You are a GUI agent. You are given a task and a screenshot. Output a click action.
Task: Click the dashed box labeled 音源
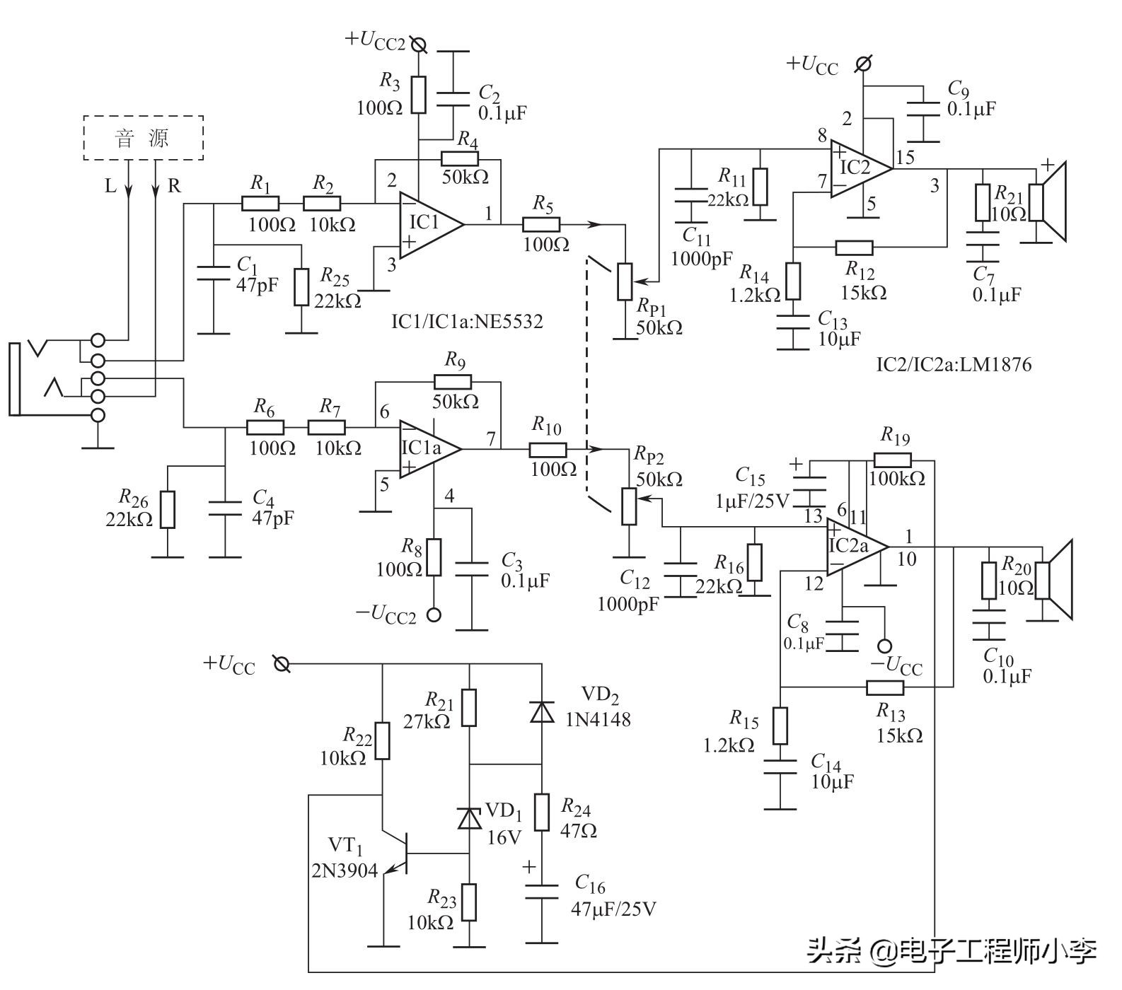pyautogui.click(x=144, y=138)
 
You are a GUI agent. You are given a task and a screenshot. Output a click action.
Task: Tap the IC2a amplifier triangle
pyautogui.click(x=852, y=547)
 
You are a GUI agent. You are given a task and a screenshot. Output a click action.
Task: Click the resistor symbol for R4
pyautogui.click(x=460, y=158)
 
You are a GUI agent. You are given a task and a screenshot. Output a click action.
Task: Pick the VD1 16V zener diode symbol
pyautogui.click(x=469, y=818)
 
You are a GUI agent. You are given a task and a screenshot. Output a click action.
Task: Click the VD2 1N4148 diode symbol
pyautogui.click(x=543, y=711)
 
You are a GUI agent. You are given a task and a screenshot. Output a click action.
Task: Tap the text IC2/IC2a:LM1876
pyautogui.click(x=954, y=365)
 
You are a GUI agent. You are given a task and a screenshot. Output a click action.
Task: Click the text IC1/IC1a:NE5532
pyautogui.click(x=467, y=322)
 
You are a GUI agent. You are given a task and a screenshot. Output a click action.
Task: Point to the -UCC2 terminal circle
pyautogui.click(x=434, y=615)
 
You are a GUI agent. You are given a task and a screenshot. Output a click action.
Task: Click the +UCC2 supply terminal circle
pyautogui.click(x=419, y=45)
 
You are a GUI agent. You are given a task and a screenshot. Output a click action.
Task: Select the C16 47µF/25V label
pyautogui.click(x=612, y=896)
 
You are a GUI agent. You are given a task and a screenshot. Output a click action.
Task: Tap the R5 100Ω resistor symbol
pyautogui.click(x=541, y=225)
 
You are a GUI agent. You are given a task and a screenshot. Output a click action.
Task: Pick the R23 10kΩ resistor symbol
pyautogui.click(x=469, y=902)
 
